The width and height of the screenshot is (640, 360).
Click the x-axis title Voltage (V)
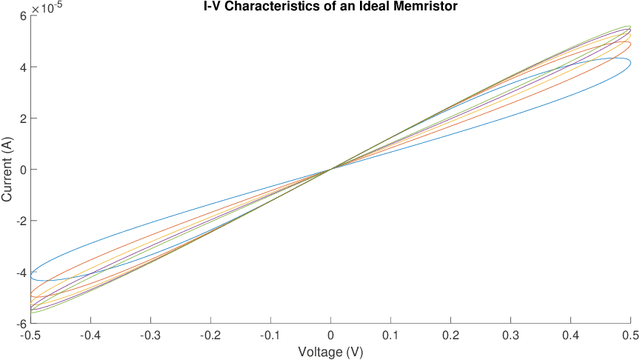pos(330,351)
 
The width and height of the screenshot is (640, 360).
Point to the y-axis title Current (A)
pos(8,170)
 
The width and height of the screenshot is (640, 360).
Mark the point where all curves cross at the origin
pos(330,169)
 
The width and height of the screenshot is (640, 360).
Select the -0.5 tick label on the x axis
pos(30,335)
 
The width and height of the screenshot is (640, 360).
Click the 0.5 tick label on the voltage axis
pos(630,335)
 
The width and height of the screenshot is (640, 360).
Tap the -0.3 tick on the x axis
pos(150,335)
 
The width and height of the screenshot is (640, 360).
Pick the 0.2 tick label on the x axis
pos(450,335)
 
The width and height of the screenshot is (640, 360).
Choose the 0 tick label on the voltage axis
pos(330,335)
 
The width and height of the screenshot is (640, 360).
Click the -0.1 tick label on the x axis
pos(270,335)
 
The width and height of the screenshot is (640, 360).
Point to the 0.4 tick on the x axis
pos(570,335)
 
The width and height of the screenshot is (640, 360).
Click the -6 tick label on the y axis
pos(17,323)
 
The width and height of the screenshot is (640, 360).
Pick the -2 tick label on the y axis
pos(17,221)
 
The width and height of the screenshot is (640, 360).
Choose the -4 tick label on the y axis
pos(17,272)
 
